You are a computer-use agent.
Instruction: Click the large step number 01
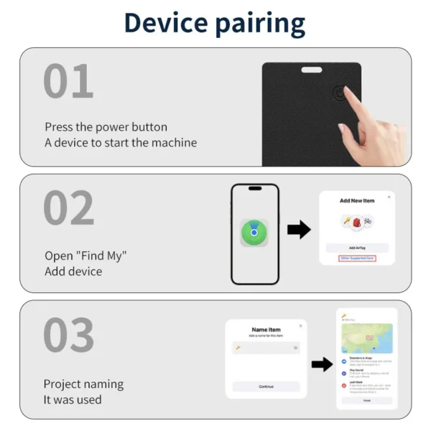(x=68, y=82)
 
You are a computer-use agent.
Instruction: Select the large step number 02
(x=68, y=208)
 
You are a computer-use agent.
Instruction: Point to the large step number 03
(x=68, y=335)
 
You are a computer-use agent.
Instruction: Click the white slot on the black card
(x=312, y=70)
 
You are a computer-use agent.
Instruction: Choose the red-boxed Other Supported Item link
(x=357, y=257)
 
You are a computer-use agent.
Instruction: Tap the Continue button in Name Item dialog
(x=266, y=386)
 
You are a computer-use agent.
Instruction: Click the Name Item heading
(x=266, y=330)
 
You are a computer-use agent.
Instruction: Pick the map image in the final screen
(x=366, y=338)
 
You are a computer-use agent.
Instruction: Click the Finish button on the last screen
(x=366, y=401)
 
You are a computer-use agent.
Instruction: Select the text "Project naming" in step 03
(x=83, y=384)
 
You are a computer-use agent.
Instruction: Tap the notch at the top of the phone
(x=254, y=188)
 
